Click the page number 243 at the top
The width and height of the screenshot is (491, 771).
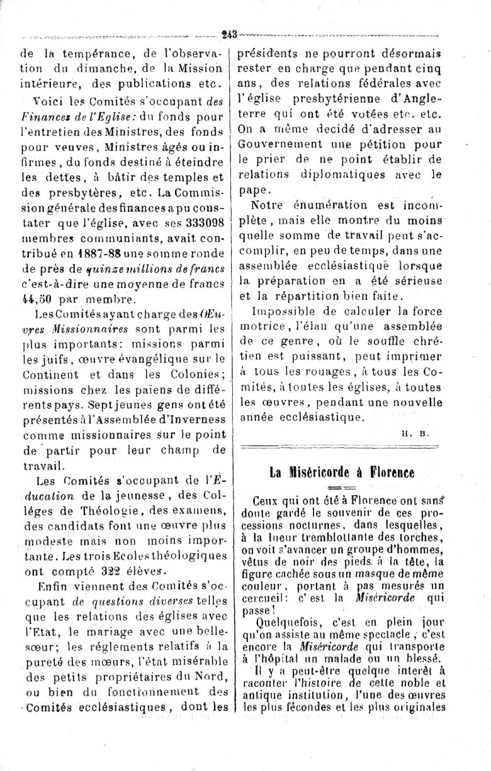click(x=230, y=35)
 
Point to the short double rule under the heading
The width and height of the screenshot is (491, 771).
click(x=341, y=488)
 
